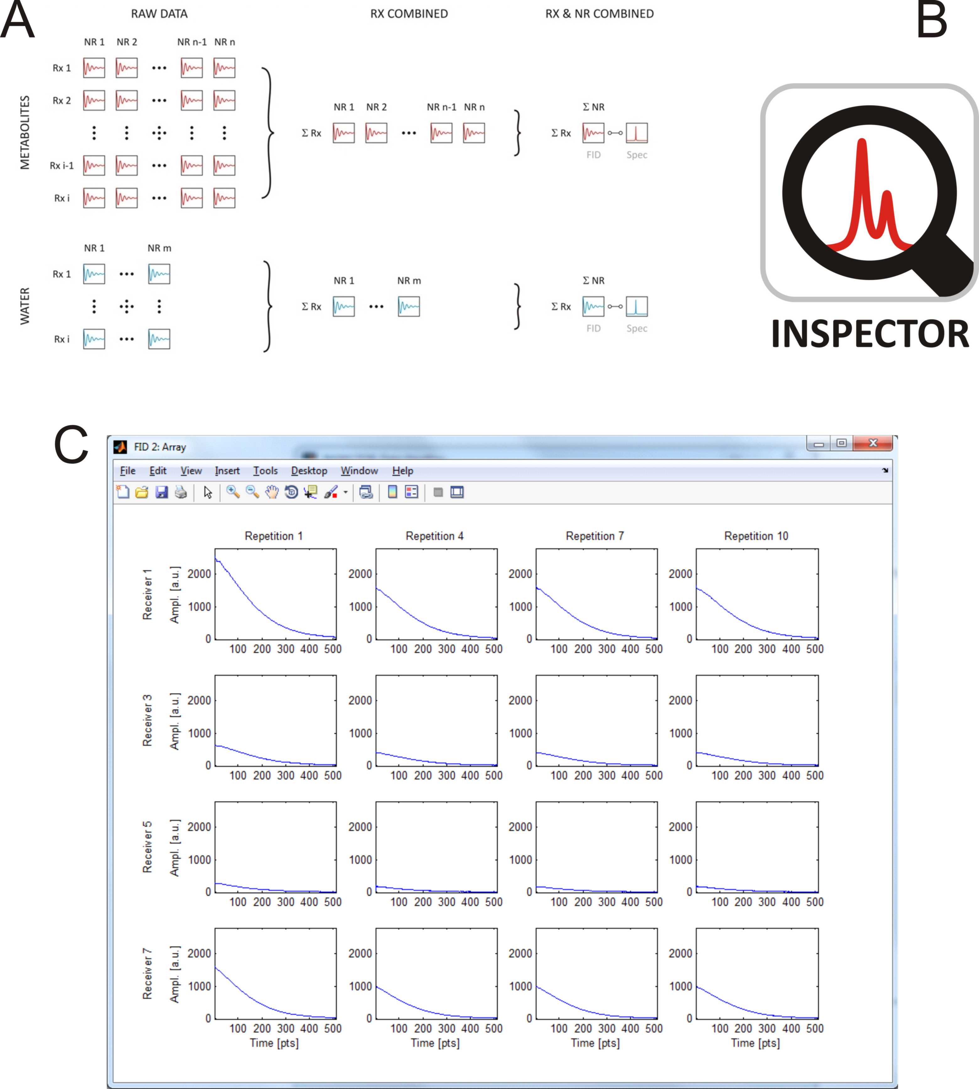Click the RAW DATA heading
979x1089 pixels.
coord(159,13)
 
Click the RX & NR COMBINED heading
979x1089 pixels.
coord(599,13)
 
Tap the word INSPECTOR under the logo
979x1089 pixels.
coord(870,334)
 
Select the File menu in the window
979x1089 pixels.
coord(127,471)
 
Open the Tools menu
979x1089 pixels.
coord(265,471)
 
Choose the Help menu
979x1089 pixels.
coord(402,471)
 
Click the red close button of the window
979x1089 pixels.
coord(873,443)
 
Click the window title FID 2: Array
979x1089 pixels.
coord(160,447)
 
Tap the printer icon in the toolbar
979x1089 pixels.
coord(181,492)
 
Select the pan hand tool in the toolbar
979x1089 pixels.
coord(272,492)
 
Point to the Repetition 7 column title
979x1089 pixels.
coord(594,536)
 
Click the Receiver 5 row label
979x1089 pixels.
coord(147,847)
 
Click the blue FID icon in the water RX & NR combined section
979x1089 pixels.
coord(593,307)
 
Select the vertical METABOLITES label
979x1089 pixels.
coord(25,132)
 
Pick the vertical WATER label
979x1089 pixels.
coord(25,306)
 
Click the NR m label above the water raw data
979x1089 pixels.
coord(159,248)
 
